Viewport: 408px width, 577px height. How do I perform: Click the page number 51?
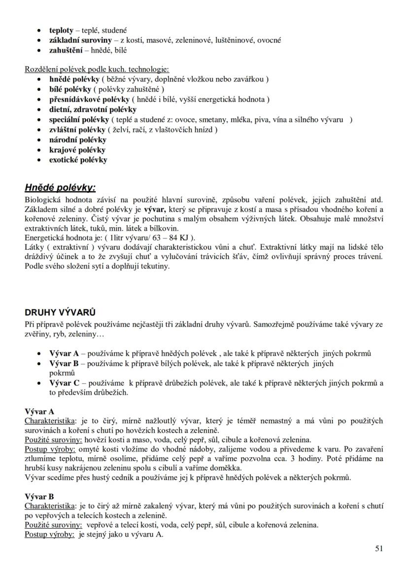(378, 548)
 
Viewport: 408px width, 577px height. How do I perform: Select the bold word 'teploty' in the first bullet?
(61, 30)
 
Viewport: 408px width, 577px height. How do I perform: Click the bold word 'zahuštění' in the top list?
(66, 50)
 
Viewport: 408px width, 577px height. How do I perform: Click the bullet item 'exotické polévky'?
(78, 160)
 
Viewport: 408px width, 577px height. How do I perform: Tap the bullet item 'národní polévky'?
(77, 139)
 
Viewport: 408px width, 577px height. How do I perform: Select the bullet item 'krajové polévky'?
(77, 150)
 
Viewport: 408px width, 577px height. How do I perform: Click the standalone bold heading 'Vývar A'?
(39, 411)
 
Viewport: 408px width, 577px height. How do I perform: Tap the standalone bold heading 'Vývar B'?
(39, 497)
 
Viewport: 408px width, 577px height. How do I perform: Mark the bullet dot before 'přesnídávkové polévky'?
(39, 100)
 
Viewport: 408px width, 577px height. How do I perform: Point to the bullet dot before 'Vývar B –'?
(39, 364)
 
